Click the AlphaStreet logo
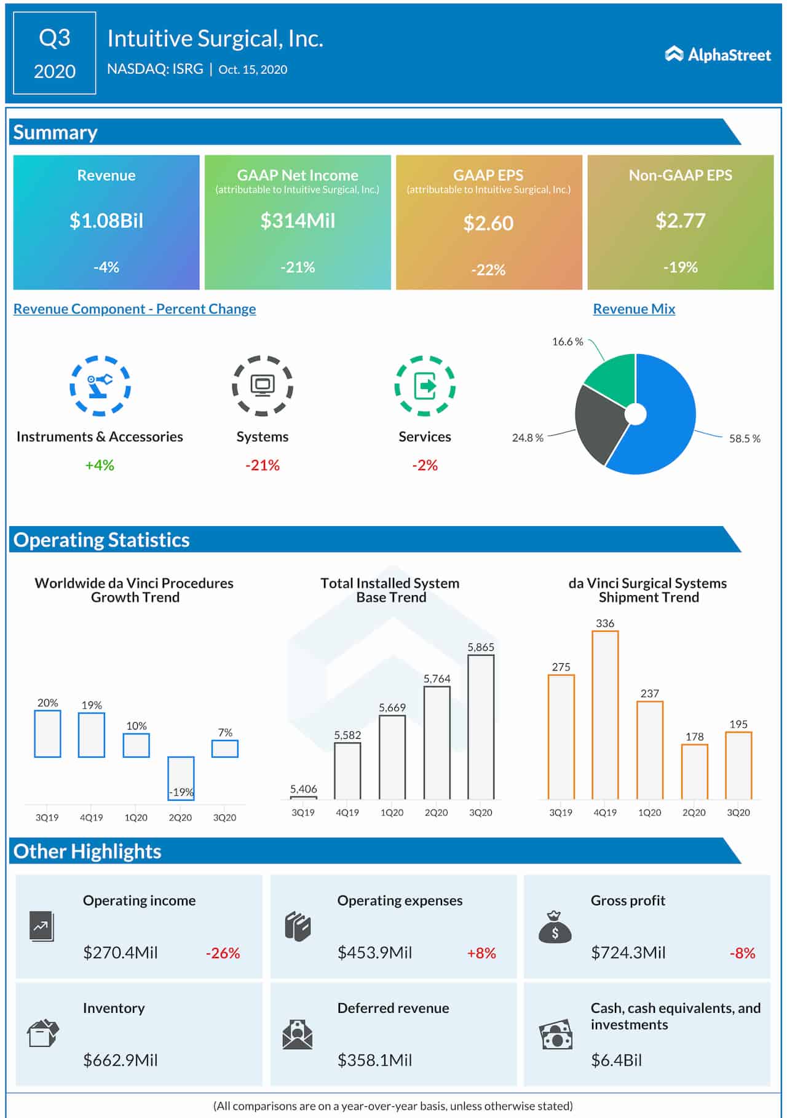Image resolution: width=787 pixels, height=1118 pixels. point(718,55)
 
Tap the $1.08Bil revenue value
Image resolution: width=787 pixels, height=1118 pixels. point(106,220)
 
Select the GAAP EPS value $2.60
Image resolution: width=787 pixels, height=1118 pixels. point(488,222)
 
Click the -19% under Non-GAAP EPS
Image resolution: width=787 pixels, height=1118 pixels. point(680,267)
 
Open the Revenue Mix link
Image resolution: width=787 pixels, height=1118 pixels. point(634,309)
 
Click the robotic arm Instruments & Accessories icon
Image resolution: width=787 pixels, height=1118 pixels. point(100,385)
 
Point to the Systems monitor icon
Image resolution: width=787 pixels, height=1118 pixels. point(263,385)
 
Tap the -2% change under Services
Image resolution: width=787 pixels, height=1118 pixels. point(424,465)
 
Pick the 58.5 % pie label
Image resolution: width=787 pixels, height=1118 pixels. point(745,439)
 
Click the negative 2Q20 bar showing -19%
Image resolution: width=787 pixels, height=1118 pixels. point(181,777)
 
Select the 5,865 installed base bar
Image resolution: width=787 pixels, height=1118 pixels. point(481,726)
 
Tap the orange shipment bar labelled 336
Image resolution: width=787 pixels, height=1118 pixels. point(605,714)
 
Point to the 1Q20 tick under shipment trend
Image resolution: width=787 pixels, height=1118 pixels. point(649,813)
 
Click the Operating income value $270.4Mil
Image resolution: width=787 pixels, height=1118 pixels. point(121,953)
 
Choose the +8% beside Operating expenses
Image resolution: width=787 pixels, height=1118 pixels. point(481,953)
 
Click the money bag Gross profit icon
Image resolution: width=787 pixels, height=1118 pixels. point(555,927)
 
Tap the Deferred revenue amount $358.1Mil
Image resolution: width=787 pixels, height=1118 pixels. point(374,1060)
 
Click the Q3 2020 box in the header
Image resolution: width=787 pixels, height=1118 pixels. point(55,53)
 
